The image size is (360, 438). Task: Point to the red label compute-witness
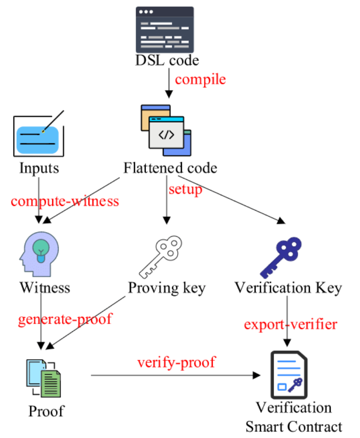pos(65,201)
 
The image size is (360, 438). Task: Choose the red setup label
pos(185,190)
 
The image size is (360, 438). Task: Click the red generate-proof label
pos(65,320)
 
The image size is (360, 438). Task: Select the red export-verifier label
pos(290,324)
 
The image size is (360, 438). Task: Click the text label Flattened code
pos(170,168)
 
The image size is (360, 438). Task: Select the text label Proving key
pos(166,288)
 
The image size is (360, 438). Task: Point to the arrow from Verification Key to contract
pos(287,322)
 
